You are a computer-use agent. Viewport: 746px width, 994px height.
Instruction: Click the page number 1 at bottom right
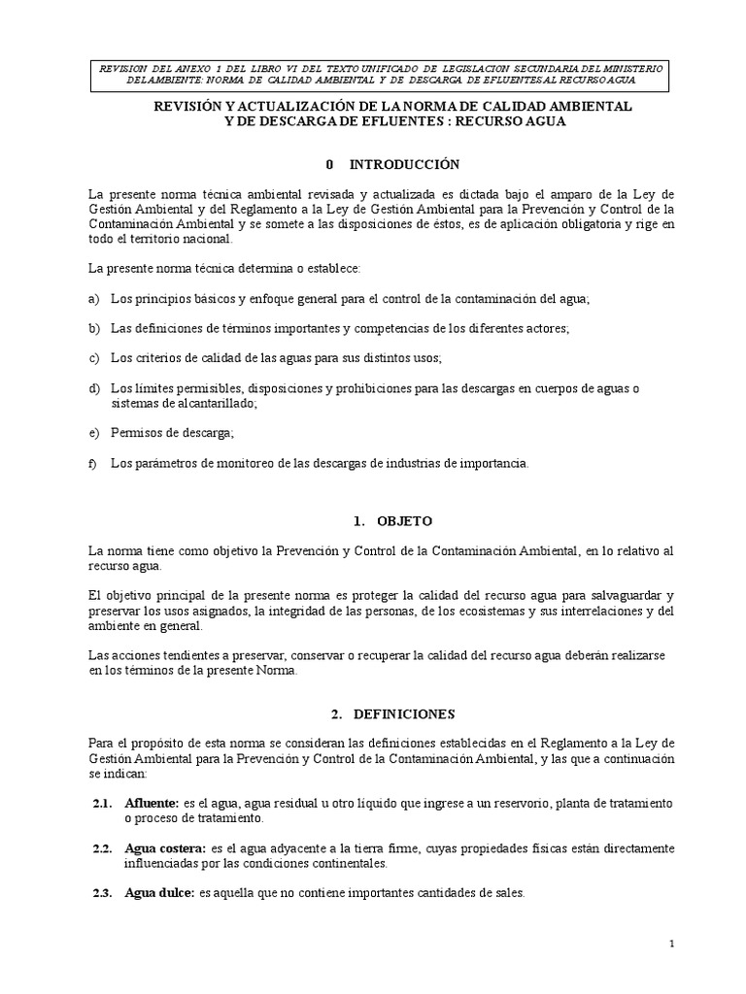tap(671, 944)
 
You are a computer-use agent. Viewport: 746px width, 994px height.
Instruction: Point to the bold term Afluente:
tap(152, 805)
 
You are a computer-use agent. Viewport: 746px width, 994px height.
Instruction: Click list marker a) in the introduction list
tap(94, 299)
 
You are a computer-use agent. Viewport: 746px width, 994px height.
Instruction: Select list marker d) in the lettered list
tap(94, 388)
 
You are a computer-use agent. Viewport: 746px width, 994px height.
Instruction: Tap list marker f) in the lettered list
tap(93, 464)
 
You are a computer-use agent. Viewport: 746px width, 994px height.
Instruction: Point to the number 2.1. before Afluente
tap(104, 805)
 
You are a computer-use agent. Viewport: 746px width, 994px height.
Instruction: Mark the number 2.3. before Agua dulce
tap(104, 892)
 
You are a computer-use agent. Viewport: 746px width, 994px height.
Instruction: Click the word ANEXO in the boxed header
tap(221, 67)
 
